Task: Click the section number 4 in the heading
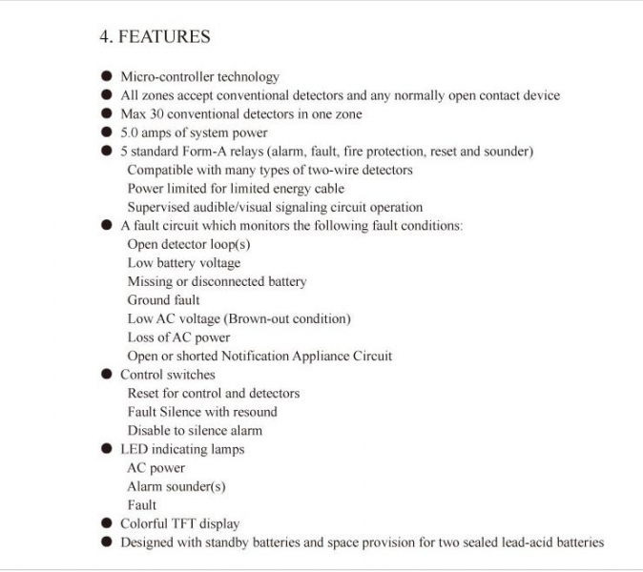click(x=105, y=37)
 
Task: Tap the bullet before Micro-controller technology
click(x=107, y=76)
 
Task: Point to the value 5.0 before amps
click(x=131, y=133)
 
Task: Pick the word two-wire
click(x=335, y=170)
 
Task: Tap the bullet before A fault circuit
click(x=107, y=226)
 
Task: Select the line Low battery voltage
click(x=184, y=263)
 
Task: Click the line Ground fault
click(x=164, y=300)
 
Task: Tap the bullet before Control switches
click(x=107, y=375)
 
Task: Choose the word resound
click(x=255, y=412)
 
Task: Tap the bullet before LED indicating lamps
click(x=107, y=449)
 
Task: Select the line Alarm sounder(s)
click(x=176, y=486)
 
